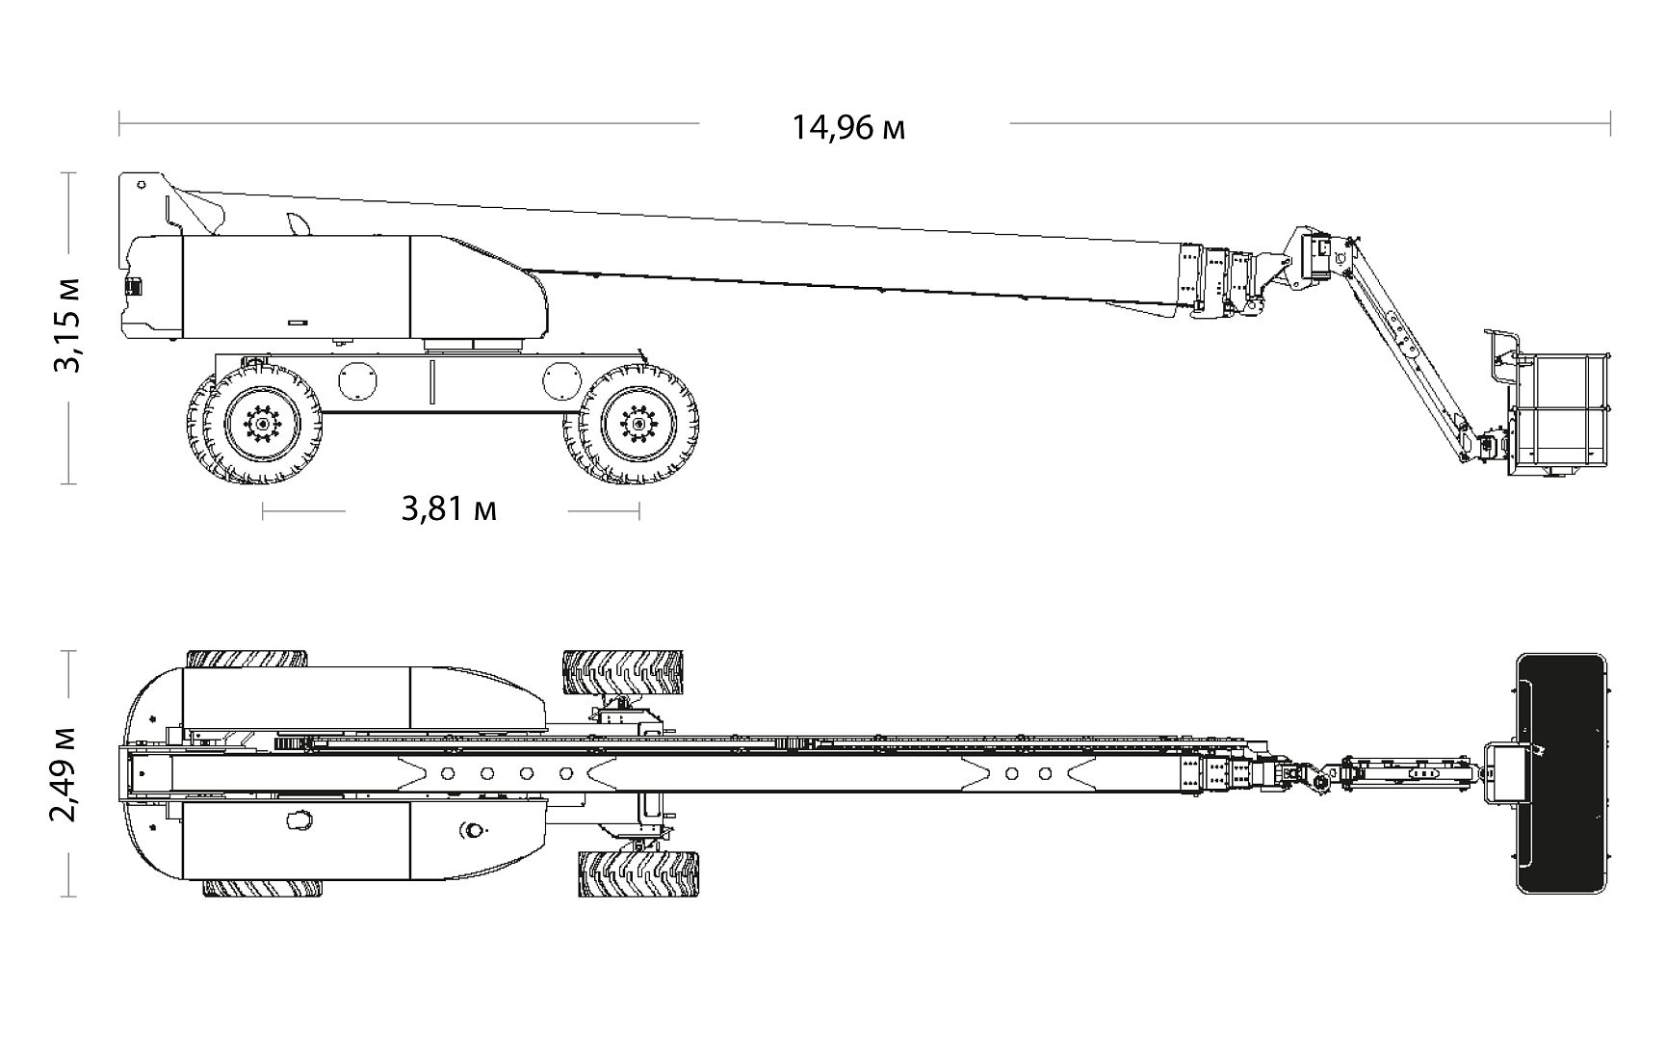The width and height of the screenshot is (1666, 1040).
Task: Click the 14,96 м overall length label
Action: coord(848,127)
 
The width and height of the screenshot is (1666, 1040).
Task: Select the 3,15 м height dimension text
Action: coord(68,325)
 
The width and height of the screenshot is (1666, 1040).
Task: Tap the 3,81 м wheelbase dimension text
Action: coord(449,508)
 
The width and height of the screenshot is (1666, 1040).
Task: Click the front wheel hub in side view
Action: coord(637,421)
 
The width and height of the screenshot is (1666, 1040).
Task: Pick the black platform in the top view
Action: coord(1561,773)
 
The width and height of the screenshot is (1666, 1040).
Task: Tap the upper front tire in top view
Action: coord(622,671)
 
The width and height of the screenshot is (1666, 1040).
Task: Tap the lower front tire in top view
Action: coord(638,873)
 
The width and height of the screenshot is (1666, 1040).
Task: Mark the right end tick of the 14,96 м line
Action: coord(1610,123)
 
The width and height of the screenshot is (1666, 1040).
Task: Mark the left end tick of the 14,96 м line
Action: coord(119,123)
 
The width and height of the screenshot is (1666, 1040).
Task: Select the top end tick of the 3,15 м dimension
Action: coord(67,173)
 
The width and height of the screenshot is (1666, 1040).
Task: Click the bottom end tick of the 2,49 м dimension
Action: coord(67,897)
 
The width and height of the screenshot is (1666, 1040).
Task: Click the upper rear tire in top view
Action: coord(247,659)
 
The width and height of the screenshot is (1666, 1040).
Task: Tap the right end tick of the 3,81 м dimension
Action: coord(639,511)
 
